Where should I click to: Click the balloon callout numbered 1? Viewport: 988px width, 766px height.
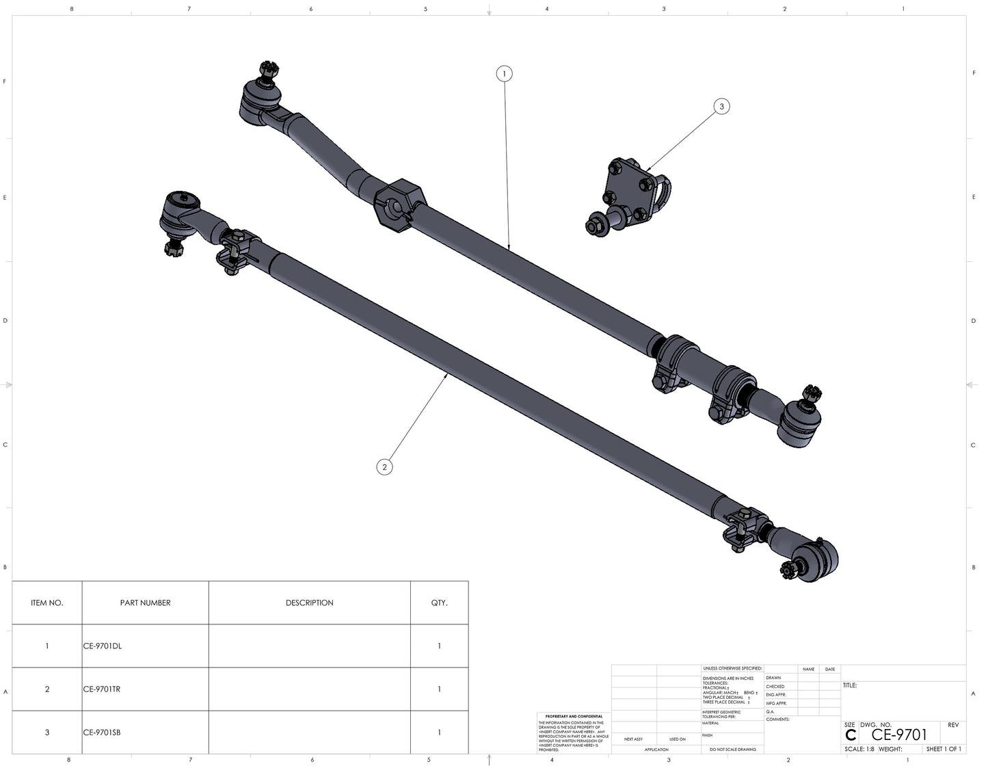pyautogui.click(x=504, y=73)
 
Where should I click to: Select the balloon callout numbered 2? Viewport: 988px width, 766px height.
pyautogui.click(x=384, y=467)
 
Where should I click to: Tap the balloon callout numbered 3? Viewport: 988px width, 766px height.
pyautogui.click(x=721, y=106)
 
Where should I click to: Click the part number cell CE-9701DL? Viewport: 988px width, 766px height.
pyautogui.click(x=103, y=646)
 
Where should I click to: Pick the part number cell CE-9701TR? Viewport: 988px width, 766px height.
pyautogui.click(x=102, y=689)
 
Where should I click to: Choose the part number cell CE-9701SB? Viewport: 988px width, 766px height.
pyautogui.click(x=102, y=732)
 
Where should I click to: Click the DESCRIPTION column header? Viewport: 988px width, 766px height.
pyautogui.click(x=309, y=603)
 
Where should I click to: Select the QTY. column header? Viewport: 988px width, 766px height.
pyautogui.click(x=439, y=603)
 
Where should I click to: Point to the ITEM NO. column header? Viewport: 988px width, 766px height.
pyautogui.click(x=47, y=603)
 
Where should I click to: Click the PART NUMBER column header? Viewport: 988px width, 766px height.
pyautogui.click(x=145, y=603)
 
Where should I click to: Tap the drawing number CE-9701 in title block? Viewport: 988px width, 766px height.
pyautogui.click(x=899, y=735)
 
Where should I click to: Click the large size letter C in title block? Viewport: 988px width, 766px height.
pyautogui.click(x=851, y=735)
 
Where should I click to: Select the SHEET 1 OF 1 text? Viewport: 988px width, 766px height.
pyautogui.click(x=944, y=749)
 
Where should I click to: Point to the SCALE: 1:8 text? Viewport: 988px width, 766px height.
pyautogui.click(x=859, y=749)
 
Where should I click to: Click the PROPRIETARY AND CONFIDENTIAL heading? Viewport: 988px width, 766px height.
pyautogui.click(x=574, y=716)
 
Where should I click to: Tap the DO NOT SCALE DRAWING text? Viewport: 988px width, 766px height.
pyautogui.click(x=732, y=749)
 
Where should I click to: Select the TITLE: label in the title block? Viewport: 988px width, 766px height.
pyautogui.click(x=850, y=685)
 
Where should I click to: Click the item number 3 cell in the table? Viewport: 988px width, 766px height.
pyautogui.click(x=47, y=732)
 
